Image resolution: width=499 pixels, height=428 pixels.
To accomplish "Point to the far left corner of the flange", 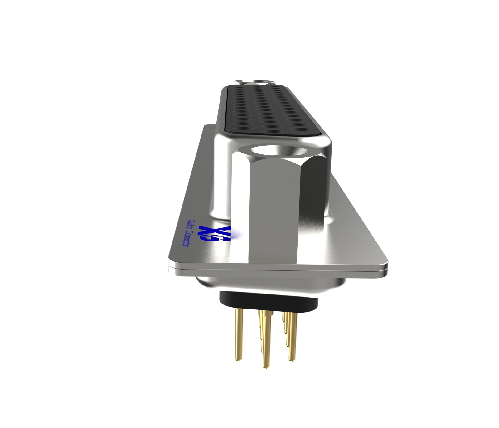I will (206, 127).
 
